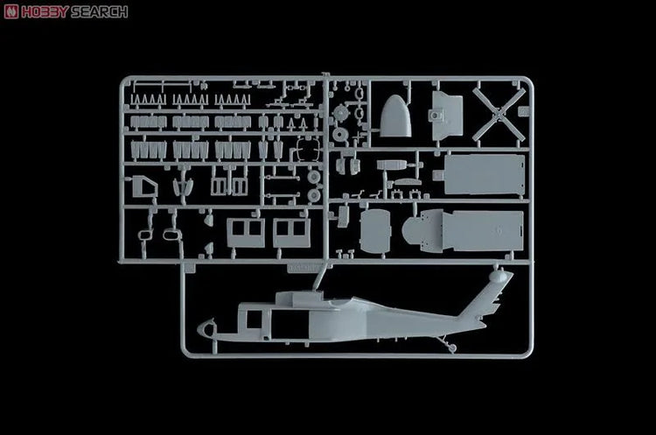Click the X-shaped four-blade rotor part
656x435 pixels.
pyautogui.click(x=499, y=114)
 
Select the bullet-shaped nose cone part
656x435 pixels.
pyautogui.click(x=395, y=116)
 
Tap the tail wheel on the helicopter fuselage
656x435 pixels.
pyautogui.click(x=452, y=347)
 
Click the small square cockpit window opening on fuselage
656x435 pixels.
pyautogui.click(x=254, y=319)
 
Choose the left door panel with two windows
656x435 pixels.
pyautogui.click(x=246, y=232)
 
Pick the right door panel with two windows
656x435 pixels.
pyautogui.click(x=292, y=232)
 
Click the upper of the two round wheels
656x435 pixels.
pyautogui.click(x=314, y=177)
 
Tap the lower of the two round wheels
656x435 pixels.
pyautogui.click(x=314, y=195)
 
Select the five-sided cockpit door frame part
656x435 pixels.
pyautogui.click(x=144, y=187)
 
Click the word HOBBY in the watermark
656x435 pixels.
pyautogui.click(x=45, y=11)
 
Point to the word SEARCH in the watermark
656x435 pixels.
pyautogui.click(x=99, y=11)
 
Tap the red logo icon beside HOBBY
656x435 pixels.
pyautogui.click(x=11, y=11)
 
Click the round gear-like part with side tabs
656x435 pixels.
pyautogui.click(x=341, y=113)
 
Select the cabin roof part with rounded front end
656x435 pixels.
pyautogui.click(x=463, y=231)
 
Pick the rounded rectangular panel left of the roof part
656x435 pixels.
pyautogui.click(x=375, y=232)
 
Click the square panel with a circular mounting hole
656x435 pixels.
pyautogui.click(x=446, y=116)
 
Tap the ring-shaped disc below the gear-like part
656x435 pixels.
pyautogui.click(x=339, y=135)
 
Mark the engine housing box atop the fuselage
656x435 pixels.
pyautogui.click(x=299, y=298)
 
